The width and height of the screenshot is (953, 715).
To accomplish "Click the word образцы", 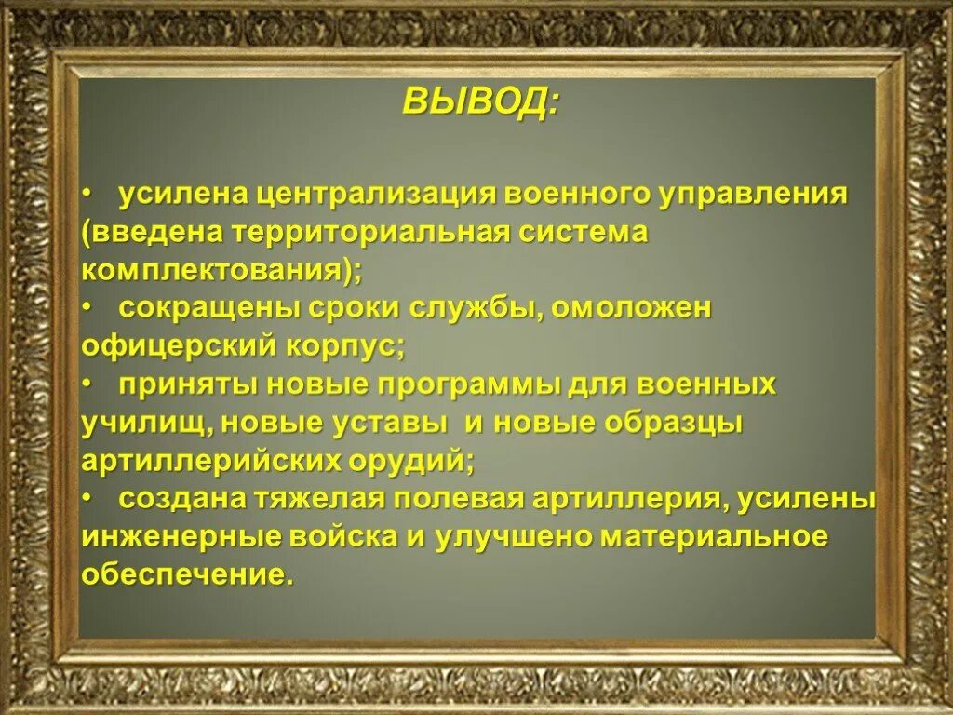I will (674, 423).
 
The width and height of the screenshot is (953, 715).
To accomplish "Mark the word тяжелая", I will (317, 499).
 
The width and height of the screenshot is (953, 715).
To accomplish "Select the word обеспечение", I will (186, 575).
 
